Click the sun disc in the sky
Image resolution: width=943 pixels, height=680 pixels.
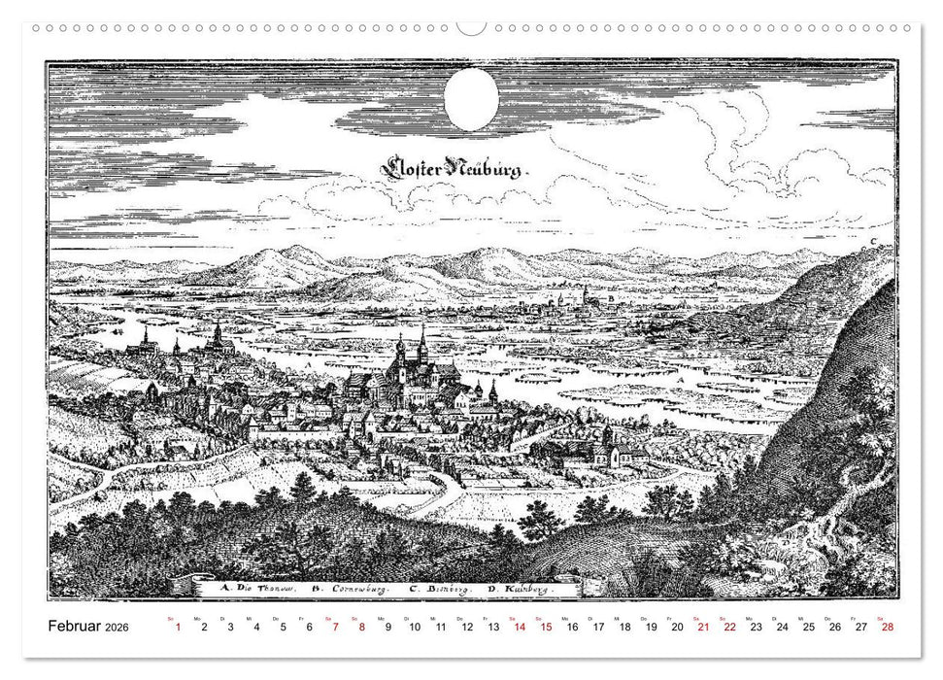click(x=471, y=99)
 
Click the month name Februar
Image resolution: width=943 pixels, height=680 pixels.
click(x=75, y=628)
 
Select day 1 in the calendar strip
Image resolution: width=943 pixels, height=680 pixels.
click(x=178, y=628)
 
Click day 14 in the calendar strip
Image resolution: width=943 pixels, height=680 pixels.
click(x=520, y=628)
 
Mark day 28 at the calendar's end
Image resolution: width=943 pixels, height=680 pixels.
click(x=887, y=628)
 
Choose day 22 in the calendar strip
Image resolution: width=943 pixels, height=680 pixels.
click(x=729, y=628)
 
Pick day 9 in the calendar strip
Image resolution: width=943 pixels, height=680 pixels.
click(x=388, y=628)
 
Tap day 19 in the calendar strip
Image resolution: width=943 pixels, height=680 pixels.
click(x=651, y=628)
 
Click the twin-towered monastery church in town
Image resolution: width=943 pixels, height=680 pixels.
click(x=411, y=364)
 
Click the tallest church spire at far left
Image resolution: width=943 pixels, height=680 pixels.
click(x=218, y=335)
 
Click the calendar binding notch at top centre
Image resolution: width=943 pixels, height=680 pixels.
click(x=471, y=27)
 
